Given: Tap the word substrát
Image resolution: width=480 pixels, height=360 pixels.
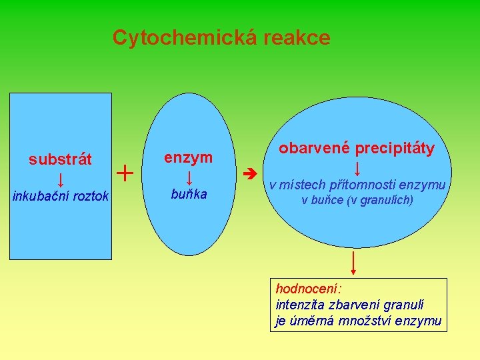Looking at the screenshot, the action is tap(60, 160).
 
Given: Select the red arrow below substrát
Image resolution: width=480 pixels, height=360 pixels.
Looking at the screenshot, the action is tap(60, 179).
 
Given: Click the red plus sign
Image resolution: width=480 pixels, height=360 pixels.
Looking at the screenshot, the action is tap(125, 174).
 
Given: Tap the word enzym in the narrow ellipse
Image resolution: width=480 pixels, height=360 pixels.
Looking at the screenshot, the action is tap(189, 158).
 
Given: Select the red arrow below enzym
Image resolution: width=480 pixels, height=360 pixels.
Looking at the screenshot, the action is tap(189, 177).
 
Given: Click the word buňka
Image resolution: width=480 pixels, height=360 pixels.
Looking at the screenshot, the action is tap(189, 195).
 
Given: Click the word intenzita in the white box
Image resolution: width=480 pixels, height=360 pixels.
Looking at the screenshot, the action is tap(299, 305).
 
